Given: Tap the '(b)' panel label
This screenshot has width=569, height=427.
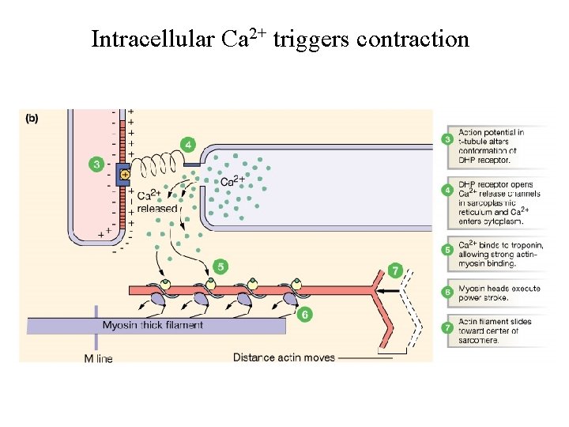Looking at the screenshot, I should [32, 119].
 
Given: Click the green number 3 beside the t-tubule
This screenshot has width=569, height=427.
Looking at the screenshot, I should [96, 164].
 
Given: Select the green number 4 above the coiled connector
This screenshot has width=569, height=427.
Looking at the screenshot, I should [187, 145].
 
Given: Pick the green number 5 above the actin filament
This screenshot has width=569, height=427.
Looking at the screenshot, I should [220, 266].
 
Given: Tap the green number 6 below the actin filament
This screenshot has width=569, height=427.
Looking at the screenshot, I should [305, 314].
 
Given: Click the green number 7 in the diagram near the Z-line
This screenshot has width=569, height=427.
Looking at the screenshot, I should [395, 270].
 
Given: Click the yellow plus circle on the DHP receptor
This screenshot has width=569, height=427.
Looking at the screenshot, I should [124, 174].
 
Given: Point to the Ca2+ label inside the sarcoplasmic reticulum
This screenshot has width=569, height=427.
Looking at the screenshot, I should [231, 181].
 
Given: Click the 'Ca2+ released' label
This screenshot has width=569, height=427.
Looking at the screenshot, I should [157, 202].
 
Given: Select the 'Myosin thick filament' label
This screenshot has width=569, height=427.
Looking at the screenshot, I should [153, 325].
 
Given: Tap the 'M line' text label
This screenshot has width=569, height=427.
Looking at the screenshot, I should [98, 358].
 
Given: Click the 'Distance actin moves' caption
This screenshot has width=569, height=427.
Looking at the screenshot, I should [284, 357].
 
